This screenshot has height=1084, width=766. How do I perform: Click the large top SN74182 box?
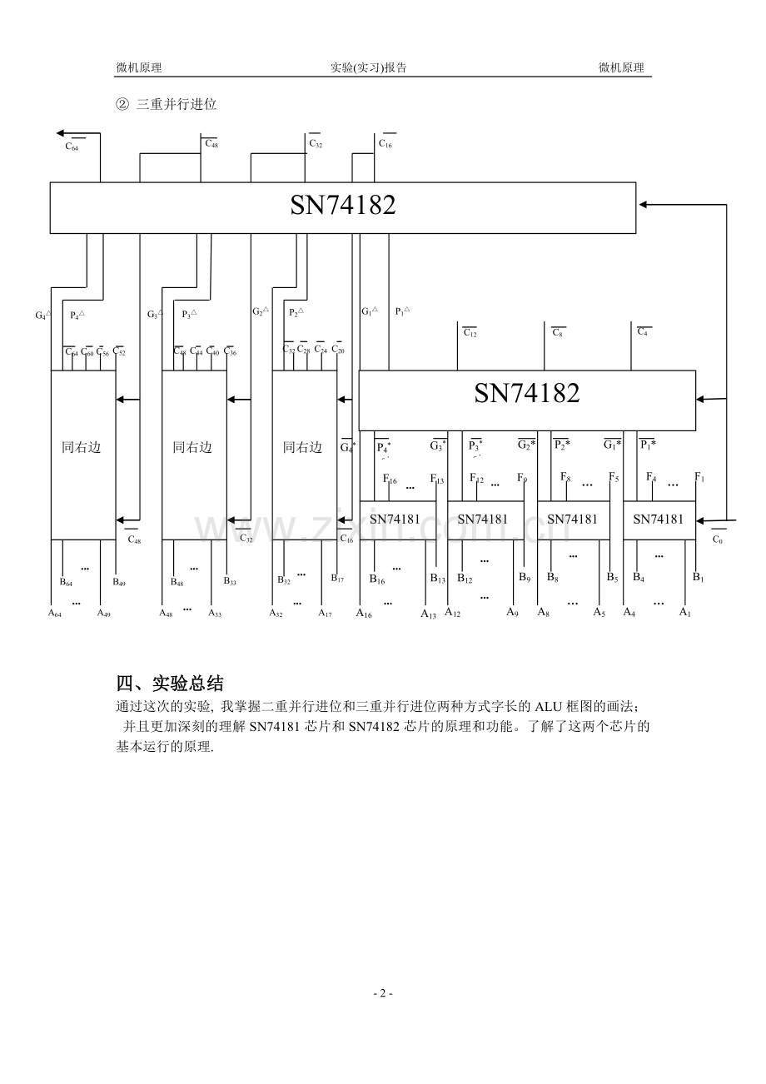click(342, 206)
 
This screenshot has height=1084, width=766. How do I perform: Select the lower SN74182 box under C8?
click(526, 393)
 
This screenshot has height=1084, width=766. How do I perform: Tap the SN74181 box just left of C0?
click(658, 520)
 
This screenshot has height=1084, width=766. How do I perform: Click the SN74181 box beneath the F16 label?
click(395, 520)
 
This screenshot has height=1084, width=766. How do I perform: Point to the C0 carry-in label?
click(717, 539)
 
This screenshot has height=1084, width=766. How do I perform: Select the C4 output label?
click(644, 332)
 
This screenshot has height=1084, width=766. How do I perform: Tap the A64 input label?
click(55, 614)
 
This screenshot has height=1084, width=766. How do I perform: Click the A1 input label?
click(684, 613)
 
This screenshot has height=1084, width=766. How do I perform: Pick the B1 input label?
click(699, 578)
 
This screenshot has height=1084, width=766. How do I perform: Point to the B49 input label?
click(119, 582)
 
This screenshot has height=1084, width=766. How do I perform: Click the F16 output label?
click(389, 480)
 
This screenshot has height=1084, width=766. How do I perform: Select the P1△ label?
click(402, 311)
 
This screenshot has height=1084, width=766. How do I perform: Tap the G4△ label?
click(42, 315)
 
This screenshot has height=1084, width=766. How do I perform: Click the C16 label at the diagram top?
click(385, 144)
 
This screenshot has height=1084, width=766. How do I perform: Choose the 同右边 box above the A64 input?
click(82, 448)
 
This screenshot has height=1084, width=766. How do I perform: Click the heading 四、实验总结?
click(170, 684)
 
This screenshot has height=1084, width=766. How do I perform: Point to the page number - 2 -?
click(382, 993)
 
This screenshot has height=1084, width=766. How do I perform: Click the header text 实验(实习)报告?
click(369, 68)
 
